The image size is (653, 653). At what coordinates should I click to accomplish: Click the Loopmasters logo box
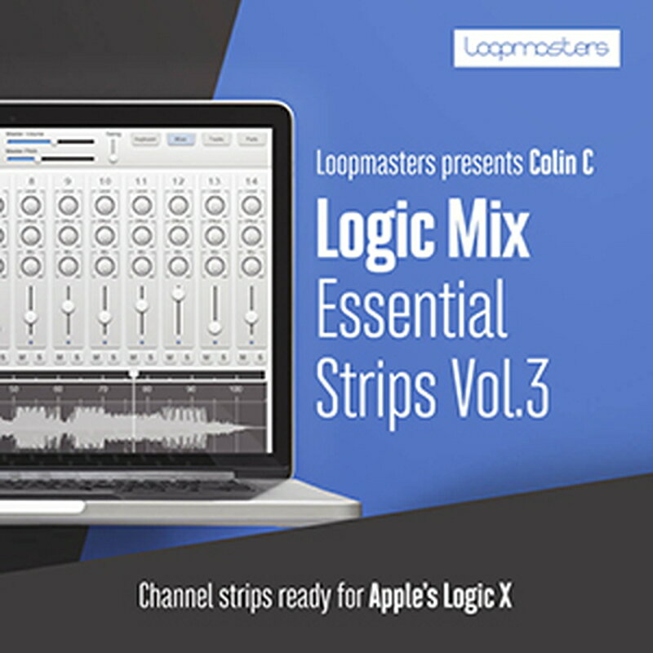(537, 48)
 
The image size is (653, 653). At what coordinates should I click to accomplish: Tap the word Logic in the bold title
(375, 230)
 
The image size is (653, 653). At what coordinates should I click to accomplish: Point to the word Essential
(411, 312)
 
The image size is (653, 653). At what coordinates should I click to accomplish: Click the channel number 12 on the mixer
(178, 180)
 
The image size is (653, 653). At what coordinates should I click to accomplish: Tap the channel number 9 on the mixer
(68, 180)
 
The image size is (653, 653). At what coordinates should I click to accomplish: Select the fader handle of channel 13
(214, 326)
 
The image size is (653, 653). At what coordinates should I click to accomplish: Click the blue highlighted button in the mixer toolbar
(180, 140)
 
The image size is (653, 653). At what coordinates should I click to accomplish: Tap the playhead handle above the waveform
(134, 373)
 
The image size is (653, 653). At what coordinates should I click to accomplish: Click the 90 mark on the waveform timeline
(192, 390)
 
